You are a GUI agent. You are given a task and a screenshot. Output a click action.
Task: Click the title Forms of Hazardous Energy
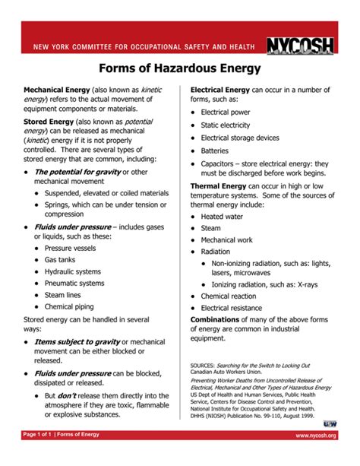pos(179,70)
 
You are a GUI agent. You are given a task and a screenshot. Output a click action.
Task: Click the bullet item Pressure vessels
pos(75,248)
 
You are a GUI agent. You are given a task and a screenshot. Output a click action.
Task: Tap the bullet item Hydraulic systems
pos(72,271)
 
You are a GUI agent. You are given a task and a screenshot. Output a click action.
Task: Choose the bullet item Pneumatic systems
pos(74,283)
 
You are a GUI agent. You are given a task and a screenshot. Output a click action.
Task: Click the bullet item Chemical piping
pos(69,306)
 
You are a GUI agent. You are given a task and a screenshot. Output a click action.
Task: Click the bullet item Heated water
pos(223,216)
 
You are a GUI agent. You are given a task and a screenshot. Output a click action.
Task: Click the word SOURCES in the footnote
pos(202,365)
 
